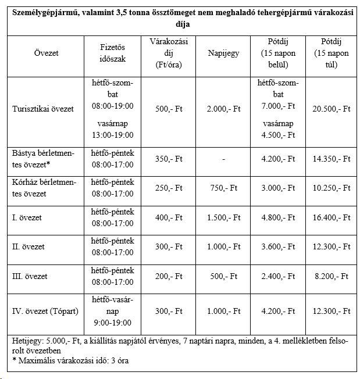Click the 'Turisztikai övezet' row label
pyautogui.click(x=42, y=109)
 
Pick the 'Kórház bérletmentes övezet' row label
pyautogui.click(x=38, y=188)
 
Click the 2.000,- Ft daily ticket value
pyautogui.click(x=224, y=109)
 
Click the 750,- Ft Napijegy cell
pyautogui.click(x=224, y=188)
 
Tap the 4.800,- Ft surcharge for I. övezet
pyautogui.click(x=278, y=217)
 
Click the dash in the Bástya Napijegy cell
pyautogui.click(x=224, y=158)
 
